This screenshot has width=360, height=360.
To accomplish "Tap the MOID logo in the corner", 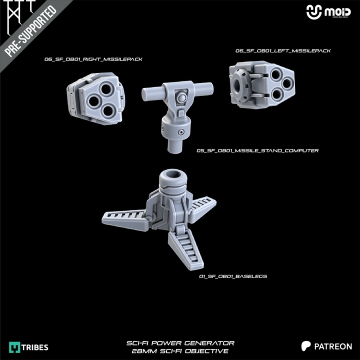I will pyautogui.click(x=328, y=12).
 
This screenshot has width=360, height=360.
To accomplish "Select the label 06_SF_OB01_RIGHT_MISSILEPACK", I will pyautogui.click(x=93, y=59).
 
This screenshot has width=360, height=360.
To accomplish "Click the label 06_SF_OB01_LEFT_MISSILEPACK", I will pyautogui.click(x=283, y=50).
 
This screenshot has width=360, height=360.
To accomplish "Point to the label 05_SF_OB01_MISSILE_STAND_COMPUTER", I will pyautogui.click(x=257, y=150).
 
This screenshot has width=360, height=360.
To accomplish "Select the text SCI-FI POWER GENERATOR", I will pyautogui.click(x=180, y=343).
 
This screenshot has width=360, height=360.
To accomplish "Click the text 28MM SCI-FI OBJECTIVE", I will pyautogui.click(x=180, y=351).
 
